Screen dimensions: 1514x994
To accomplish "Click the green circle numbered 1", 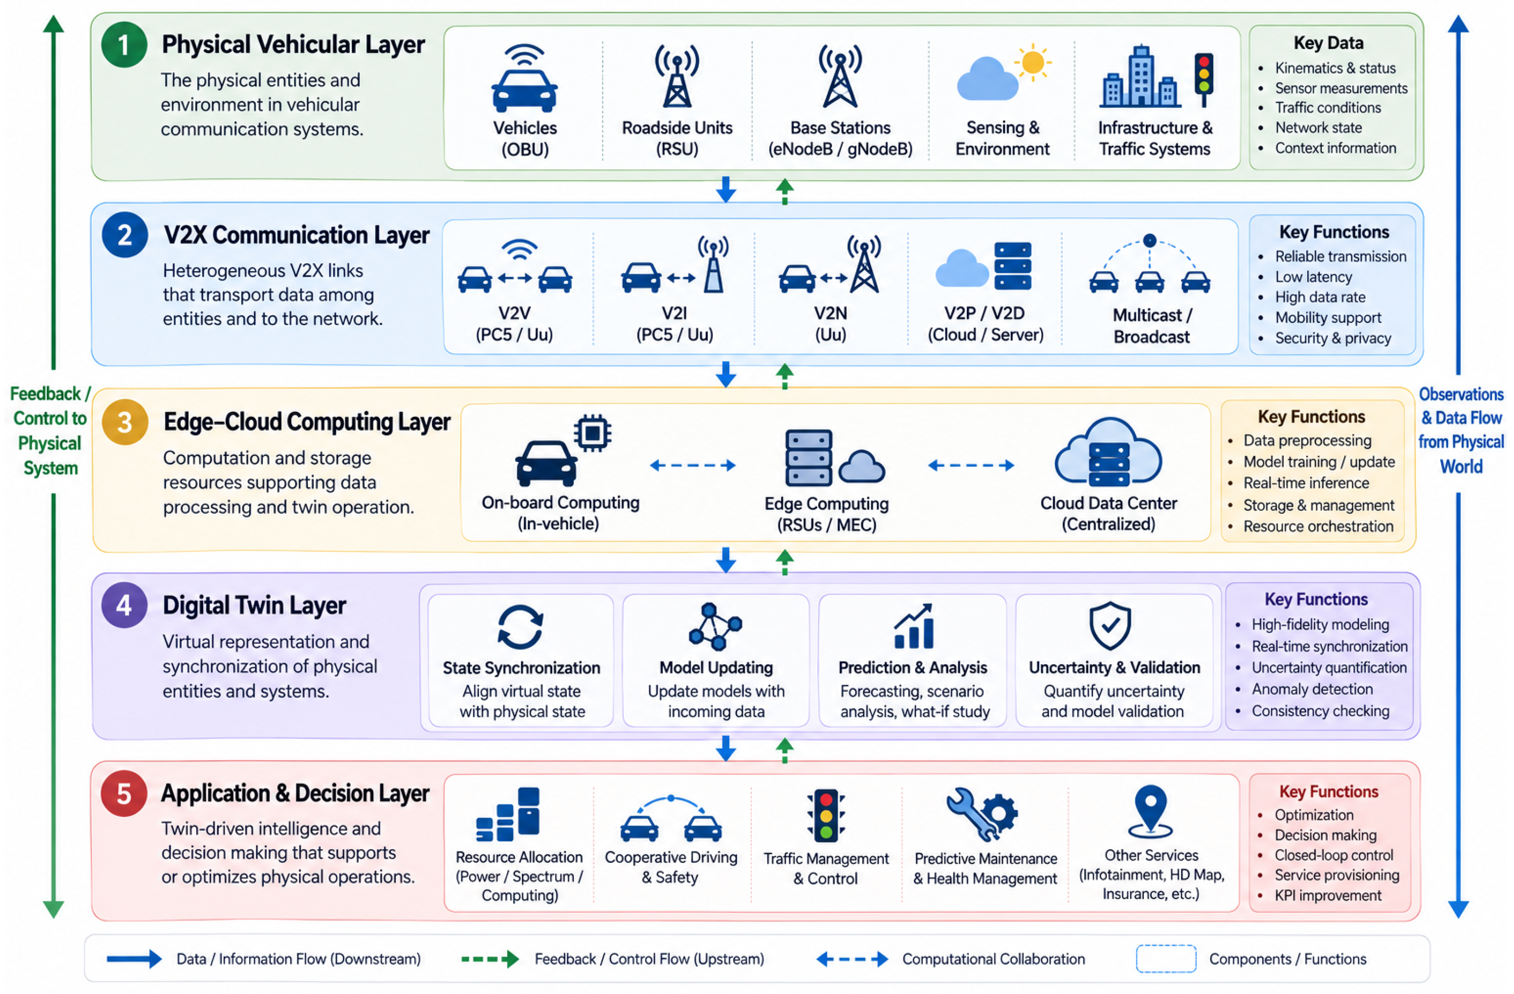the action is tap(124, 44).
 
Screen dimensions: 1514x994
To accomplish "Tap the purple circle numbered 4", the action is tap(124, 605).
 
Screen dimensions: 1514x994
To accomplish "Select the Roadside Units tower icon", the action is tap(677, 76).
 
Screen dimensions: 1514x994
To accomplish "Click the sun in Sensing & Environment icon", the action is tap(1032, 62).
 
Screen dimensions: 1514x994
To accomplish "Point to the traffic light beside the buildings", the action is tap(1203, 79).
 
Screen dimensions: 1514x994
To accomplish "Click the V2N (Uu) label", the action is tap(830, 324).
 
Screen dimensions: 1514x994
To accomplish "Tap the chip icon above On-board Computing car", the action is tap(592, 433).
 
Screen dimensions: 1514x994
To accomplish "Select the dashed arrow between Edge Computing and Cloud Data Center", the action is tap(971, 465).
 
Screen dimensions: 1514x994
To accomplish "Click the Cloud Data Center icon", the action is tap(1108, 452).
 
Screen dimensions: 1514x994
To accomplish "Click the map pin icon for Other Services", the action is tap(1150, 812).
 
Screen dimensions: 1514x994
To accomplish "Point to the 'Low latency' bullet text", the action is tap(1314, 277).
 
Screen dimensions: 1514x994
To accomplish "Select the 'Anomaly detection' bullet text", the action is tap(1312, 689).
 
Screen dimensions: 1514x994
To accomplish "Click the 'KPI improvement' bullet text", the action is tap(1328, 895).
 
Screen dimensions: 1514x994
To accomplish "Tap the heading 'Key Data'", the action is tap(1329, 43).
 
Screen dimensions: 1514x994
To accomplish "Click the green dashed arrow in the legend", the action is tap(490, 959).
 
